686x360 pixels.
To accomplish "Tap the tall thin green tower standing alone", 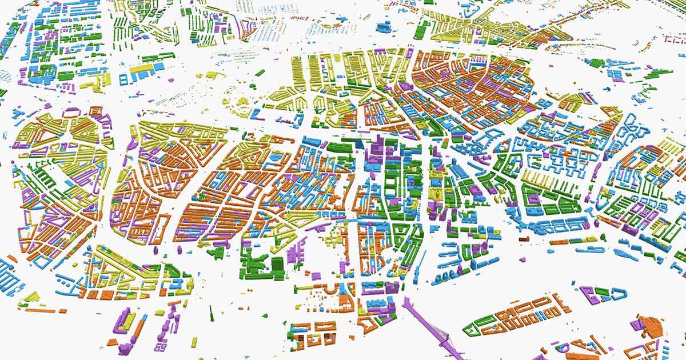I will pyautogui.click(x=211, y=313).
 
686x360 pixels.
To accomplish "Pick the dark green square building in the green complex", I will pyautogui.click(x=277, y=264).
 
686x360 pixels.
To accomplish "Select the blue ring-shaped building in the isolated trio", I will pyautogui.click(x=617, y=294).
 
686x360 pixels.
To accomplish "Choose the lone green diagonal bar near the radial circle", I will pyautogui.click(x=260, y=73).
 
